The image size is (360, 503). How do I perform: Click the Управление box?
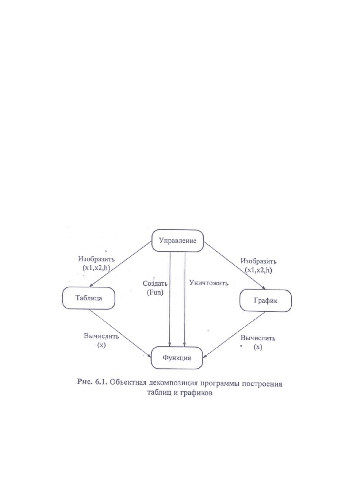tap(178, 240)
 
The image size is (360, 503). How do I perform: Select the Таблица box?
tap(88, 298)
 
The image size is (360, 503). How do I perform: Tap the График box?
tap(265, 300)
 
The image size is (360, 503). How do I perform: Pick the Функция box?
tap(177, 358)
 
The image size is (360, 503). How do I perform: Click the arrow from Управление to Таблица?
tap(121, 264)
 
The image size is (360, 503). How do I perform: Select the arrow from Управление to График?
tap(235, 266)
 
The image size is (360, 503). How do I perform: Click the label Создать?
tap(155, 283)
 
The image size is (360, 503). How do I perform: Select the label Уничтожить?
tap(209, 283)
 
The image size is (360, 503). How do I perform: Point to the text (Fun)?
tap(155, 293)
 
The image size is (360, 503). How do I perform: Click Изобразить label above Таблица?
tap(96, 259)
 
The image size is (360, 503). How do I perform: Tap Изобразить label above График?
tap(258, 261)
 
